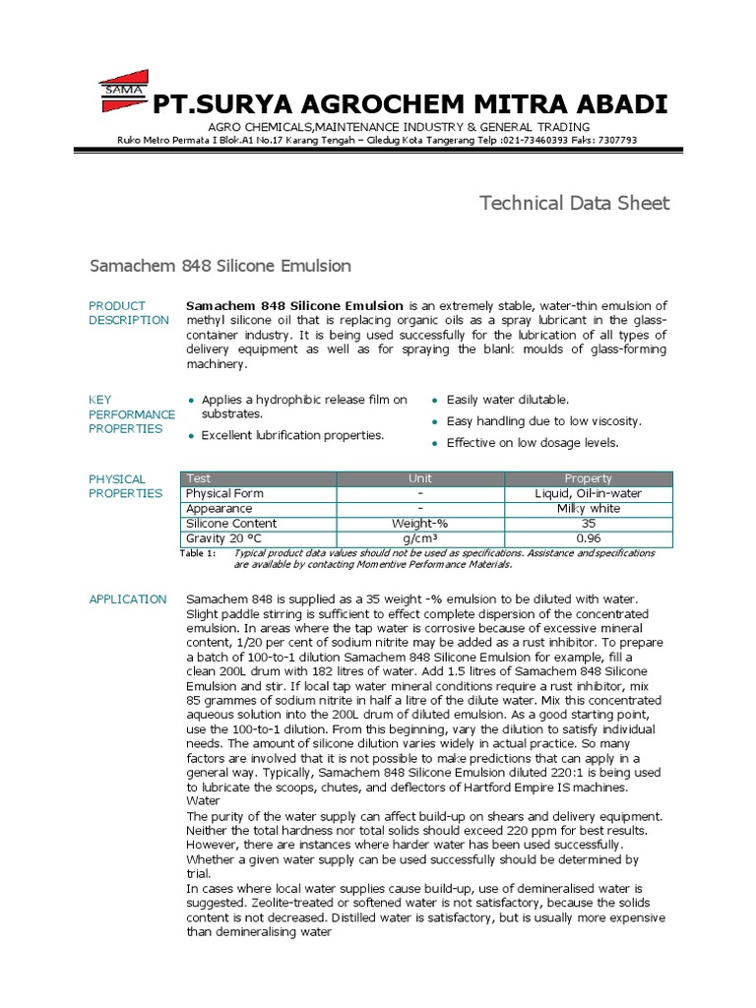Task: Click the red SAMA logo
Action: point(123,92)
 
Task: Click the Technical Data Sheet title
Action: point(574,204)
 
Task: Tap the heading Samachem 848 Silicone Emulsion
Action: point(220,267)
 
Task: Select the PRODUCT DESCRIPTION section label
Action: point(128,313)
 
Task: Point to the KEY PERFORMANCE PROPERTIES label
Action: point(132,414)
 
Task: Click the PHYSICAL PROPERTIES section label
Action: point(125,486)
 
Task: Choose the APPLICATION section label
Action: point(128,599)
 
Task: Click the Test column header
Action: point(198,478)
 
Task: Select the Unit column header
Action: point(420,478)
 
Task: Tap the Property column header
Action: point(589,478)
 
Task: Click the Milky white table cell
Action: point(589,509)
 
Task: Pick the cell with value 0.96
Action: point(589,539)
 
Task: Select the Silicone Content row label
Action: point(231,524)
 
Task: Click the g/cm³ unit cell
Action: point(420,539)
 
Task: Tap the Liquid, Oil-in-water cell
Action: point(589,493)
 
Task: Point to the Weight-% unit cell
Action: point(420,524)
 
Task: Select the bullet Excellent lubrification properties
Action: point(292,435)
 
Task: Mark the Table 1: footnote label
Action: point(198,554)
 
